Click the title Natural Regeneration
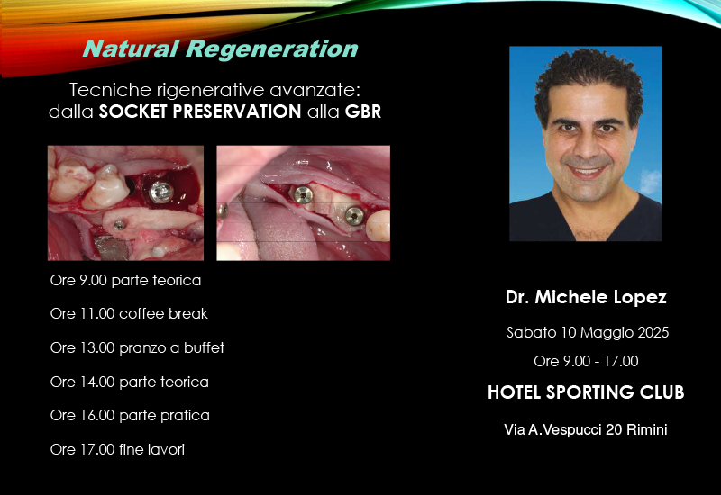pyautogui.click(x=220, y=49)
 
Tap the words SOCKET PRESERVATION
pyautogui.click(x=200, y=112)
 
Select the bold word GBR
pyautogui.click(x=363, y=112)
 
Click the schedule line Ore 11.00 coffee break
pyautogui.click(x=129, y=313)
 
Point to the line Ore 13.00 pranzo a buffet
pyautogui.click(x=137, y=347)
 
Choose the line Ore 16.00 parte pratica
pyautogui.click(x=130, y=415)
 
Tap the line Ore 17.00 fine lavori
pyautogui.click(x=117, y=449)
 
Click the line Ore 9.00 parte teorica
pyautogui.click(x=125, y=280)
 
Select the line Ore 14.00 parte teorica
pyautogui.click(x=129, y=382)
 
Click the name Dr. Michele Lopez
pyautogui.click(x=586, y=297)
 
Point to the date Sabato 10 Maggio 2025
pyautogui.click(x=588, y=332)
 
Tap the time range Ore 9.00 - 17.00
pyautogui.click(x=586, y=361)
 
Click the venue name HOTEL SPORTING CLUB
pyautogui.click(x=586, y=392)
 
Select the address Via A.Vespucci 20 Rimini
pyautogui.click(x=585, y=430)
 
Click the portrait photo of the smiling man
pyautogui.click(x=585, y=144)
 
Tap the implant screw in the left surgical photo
pyautogui.click(x=161, y=192)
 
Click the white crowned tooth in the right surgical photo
pyautogui.click(x=378, y=226)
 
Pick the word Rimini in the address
pyautogui.click(x=647, y=430)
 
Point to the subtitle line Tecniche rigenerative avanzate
pyautogui.click(x=214, y=90)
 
